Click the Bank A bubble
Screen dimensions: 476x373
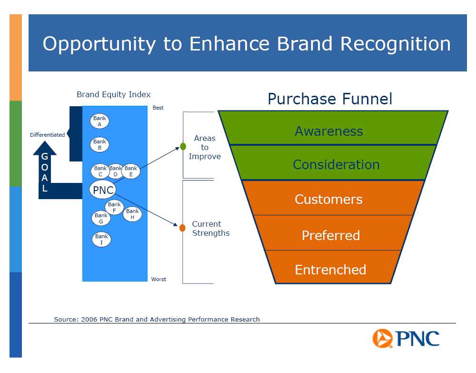tap(99, 121)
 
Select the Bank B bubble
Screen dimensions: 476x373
tap(99, 144)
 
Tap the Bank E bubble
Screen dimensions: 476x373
tap(131, 171)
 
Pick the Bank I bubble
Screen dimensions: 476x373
tap(101, 239)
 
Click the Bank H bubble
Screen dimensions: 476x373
tap(132, 214)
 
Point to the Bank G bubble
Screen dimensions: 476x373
tap(101, 218)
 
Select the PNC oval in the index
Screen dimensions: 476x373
tap(103, 190)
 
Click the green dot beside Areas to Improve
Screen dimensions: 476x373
tap(183, 146)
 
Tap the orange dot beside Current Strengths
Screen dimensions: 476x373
tap(182, 228)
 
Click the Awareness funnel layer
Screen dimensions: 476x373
tap(333, 128)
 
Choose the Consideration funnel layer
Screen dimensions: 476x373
tap(333, 162)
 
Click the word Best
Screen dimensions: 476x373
tap(158, 108)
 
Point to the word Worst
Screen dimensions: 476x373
tap(159, 279)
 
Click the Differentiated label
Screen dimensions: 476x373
tap(47, 135)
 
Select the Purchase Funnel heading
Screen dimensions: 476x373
tap(330, 99)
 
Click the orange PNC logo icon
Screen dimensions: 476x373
tap(382, 338)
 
